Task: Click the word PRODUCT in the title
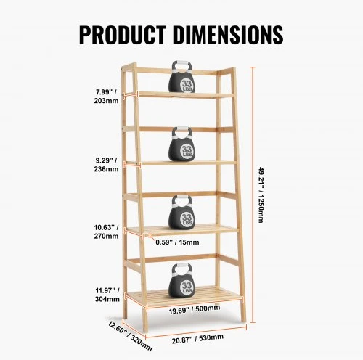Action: click(x=123, y=35)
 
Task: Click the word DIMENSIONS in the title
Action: click(x=228, y=35)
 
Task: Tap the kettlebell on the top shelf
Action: click(x=181, y=77)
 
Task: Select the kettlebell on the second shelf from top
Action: click(x=181, y=144)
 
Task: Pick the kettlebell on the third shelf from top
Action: click(x=181, y=212)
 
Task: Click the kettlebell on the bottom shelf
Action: click(x=181, y=280)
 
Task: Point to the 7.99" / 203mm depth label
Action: click(x=106, y=97)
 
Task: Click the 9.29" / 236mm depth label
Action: click(x=106, y=165)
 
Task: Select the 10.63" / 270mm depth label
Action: click(x=106, y=232)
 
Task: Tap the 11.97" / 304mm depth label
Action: click(x=107, y=295)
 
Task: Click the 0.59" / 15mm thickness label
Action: click(x=177, y=242)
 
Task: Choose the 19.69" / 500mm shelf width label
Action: click(x=195, y=309)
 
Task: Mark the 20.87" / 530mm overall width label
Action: click(x=197, y=339)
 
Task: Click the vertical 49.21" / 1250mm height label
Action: click(x=261, y=195)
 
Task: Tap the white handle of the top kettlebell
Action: click(x=182, y=66)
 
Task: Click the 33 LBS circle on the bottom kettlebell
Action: click(x=187, y=287)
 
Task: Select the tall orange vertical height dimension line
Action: click(x=253, y=195)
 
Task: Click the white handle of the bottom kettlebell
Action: click(x=182, y=269)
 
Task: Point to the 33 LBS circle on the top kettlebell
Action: click(x=187, y=85)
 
